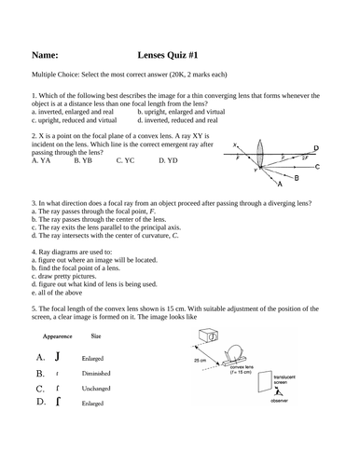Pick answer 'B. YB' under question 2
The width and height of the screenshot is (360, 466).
pos(83,160)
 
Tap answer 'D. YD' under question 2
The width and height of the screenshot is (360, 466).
pos(169,160)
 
